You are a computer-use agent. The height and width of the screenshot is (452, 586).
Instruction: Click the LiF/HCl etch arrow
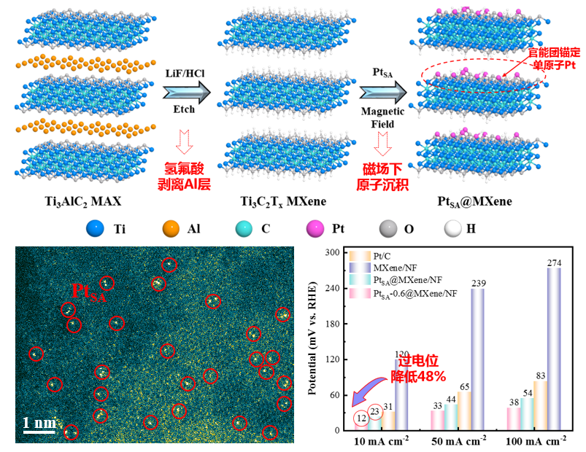tap(185, 93)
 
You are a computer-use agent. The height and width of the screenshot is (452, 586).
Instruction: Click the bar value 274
tap(552, 262)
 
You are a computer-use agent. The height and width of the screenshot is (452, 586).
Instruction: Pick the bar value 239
tap(478, 283)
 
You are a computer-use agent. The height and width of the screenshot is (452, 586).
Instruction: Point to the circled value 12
tap(361, 418)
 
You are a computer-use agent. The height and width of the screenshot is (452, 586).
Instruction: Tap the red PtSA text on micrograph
tap(87, 292)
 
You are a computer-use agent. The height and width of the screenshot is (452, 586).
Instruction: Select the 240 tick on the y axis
tap(332, 288)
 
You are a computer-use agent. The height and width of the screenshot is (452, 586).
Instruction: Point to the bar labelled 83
tap(541, 405)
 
